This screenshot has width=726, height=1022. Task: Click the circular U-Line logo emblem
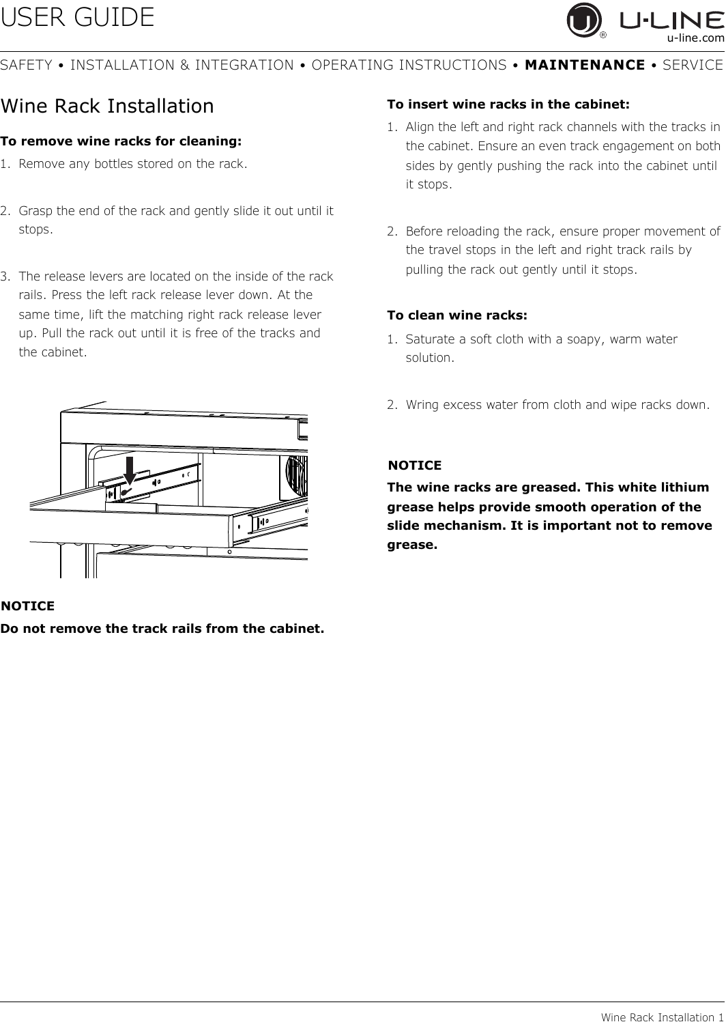(x=583, y=20)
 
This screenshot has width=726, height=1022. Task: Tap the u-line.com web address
(x=695, y=38)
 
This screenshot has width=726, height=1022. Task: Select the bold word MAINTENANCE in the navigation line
(x=585, y=66)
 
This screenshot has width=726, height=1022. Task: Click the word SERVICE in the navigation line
(x=693, y=66)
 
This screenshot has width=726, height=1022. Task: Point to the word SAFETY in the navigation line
(x=26, y=66)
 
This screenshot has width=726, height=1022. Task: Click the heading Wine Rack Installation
(x=107, y=107)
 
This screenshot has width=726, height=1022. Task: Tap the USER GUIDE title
(x=77, y=18)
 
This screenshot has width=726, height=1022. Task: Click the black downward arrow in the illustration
(x=130, y=470)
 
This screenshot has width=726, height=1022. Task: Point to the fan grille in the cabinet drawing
(x=296, y=477)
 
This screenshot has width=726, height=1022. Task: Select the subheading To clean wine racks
(x=457, y=315)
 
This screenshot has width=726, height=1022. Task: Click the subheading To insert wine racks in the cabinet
(x=508, y=104)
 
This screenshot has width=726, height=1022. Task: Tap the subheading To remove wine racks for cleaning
(x=121, y=141)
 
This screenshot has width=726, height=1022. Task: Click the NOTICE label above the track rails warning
(x=27, y=606)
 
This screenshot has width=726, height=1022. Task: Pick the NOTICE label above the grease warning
(x=415, y=466)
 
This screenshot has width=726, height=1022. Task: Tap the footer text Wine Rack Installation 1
(x=662, y=1017)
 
